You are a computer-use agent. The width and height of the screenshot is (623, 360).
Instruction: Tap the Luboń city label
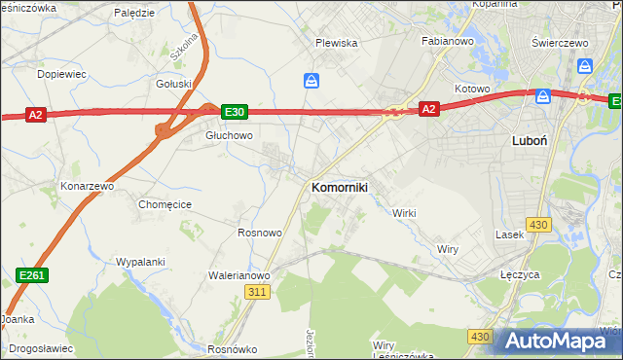click(529, 140)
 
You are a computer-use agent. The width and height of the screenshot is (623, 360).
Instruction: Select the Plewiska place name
click(337, 44)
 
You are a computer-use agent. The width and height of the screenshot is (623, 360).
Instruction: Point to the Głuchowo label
click(229, 136)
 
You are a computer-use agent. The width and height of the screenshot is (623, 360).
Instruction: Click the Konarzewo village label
click(88, 185)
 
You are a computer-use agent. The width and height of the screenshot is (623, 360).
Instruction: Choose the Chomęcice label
click(165, 204)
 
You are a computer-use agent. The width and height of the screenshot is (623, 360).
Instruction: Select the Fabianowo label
click(447, 42)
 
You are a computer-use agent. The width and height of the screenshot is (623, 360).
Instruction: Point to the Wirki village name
click(404, 213)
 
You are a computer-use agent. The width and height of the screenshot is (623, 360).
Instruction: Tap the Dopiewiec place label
click(61, 74)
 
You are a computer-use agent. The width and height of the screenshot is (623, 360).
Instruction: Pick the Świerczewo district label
click(562, 44)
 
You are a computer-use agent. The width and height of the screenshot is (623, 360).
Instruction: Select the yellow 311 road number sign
click(257, 292)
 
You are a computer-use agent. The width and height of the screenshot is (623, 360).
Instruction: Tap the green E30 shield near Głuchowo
click(234, 113)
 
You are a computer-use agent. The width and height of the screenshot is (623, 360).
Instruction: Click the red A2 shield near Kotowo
click(429, 110)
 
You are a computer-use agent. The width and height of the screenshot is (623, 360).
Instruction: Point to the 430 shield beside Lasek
click(538, 225)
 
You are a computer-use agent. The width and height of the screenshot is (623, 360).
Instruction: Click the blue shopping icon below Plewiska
click(311, 81)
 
